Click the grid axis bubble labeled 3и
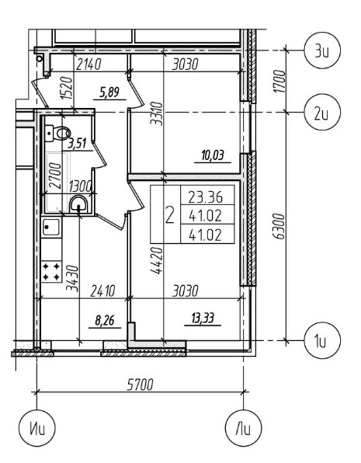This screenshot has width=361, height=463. click(x=322, y=50)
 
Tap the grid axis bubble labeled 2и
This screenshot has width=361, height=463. click(x=322, y=112)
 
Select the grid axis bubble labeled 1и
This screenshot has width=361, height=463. click(x=322, y=340)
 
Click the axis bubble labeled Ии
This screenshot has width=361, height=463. click(x=37, y=427)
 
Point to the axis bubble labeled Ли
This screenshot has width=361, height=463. click(x=244, y=427)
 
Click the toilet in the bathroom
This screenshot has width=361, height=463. click(x=57, y=134)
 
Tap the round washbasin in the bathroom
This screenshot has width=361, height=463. click(x=78, y=204)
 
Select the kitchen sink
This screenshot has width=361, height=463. click(x=50, y=227)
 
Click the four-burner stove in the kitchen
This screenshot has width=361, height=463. click(x=51, y=272)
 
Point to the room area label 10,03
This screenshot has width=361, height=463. click(x=213, y=155)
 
